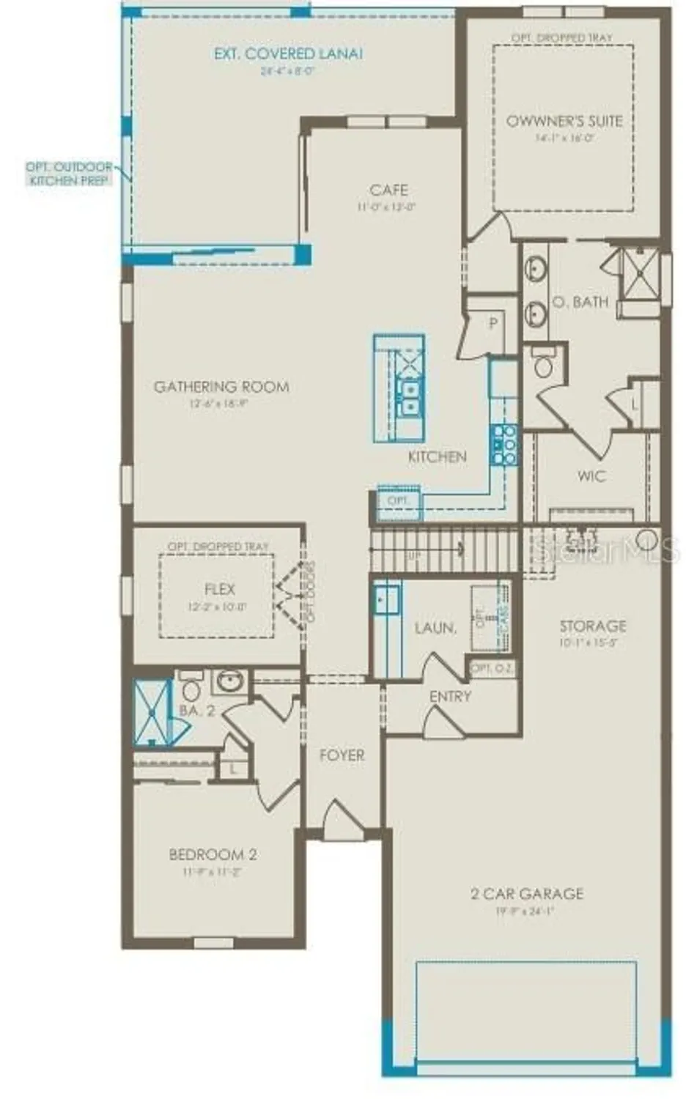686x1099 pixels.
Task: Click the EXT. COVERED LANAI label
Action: (288, 53)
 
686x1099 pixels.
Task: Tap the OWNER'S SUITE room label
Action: (564, 121)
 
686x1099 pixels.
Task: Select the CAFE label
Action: (388, 190)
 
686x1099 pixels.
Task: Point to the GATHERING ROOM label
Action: (221, 386)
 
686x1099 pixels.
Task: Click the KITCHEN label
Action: (437, 456)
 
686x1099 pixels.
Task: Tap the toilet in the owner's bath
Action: (543, 363)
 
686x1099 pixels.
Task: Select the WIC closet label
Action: (591, 476)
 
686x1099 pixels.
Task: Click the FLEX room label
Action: (220, 589)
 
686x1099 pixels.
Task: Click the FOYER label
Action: (342, 755)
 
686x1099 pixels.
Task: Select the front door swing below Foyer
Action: (340, 819)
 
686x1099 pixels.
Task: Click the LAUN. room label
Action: (435, 628)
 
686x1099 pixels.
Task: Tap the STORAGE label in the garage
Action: (593, 626)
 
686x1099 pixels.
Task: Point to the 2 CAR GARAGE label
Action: (527, 894)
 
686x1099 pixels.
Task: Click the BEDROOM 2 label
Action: (213, 854)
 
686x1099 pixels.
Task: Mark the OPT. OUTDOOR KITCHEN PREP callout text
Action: (69, 174)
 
